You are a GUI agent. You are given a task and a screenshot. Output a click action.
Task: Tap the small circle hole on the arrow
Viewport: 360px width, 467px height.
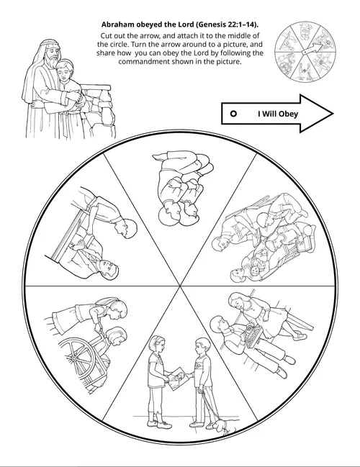pos(234,114)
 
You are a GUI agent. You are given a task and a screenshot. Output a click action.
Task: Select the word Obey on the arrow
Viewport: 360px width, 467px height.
pos(288,114)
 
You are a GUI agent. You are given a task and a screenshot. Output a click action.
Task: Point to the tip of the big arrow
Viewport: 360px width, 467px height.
pos(333,114)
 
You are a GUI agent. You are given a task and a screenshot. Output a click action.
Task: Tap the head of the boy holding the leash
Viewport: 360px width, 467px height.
pos(202,348)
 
